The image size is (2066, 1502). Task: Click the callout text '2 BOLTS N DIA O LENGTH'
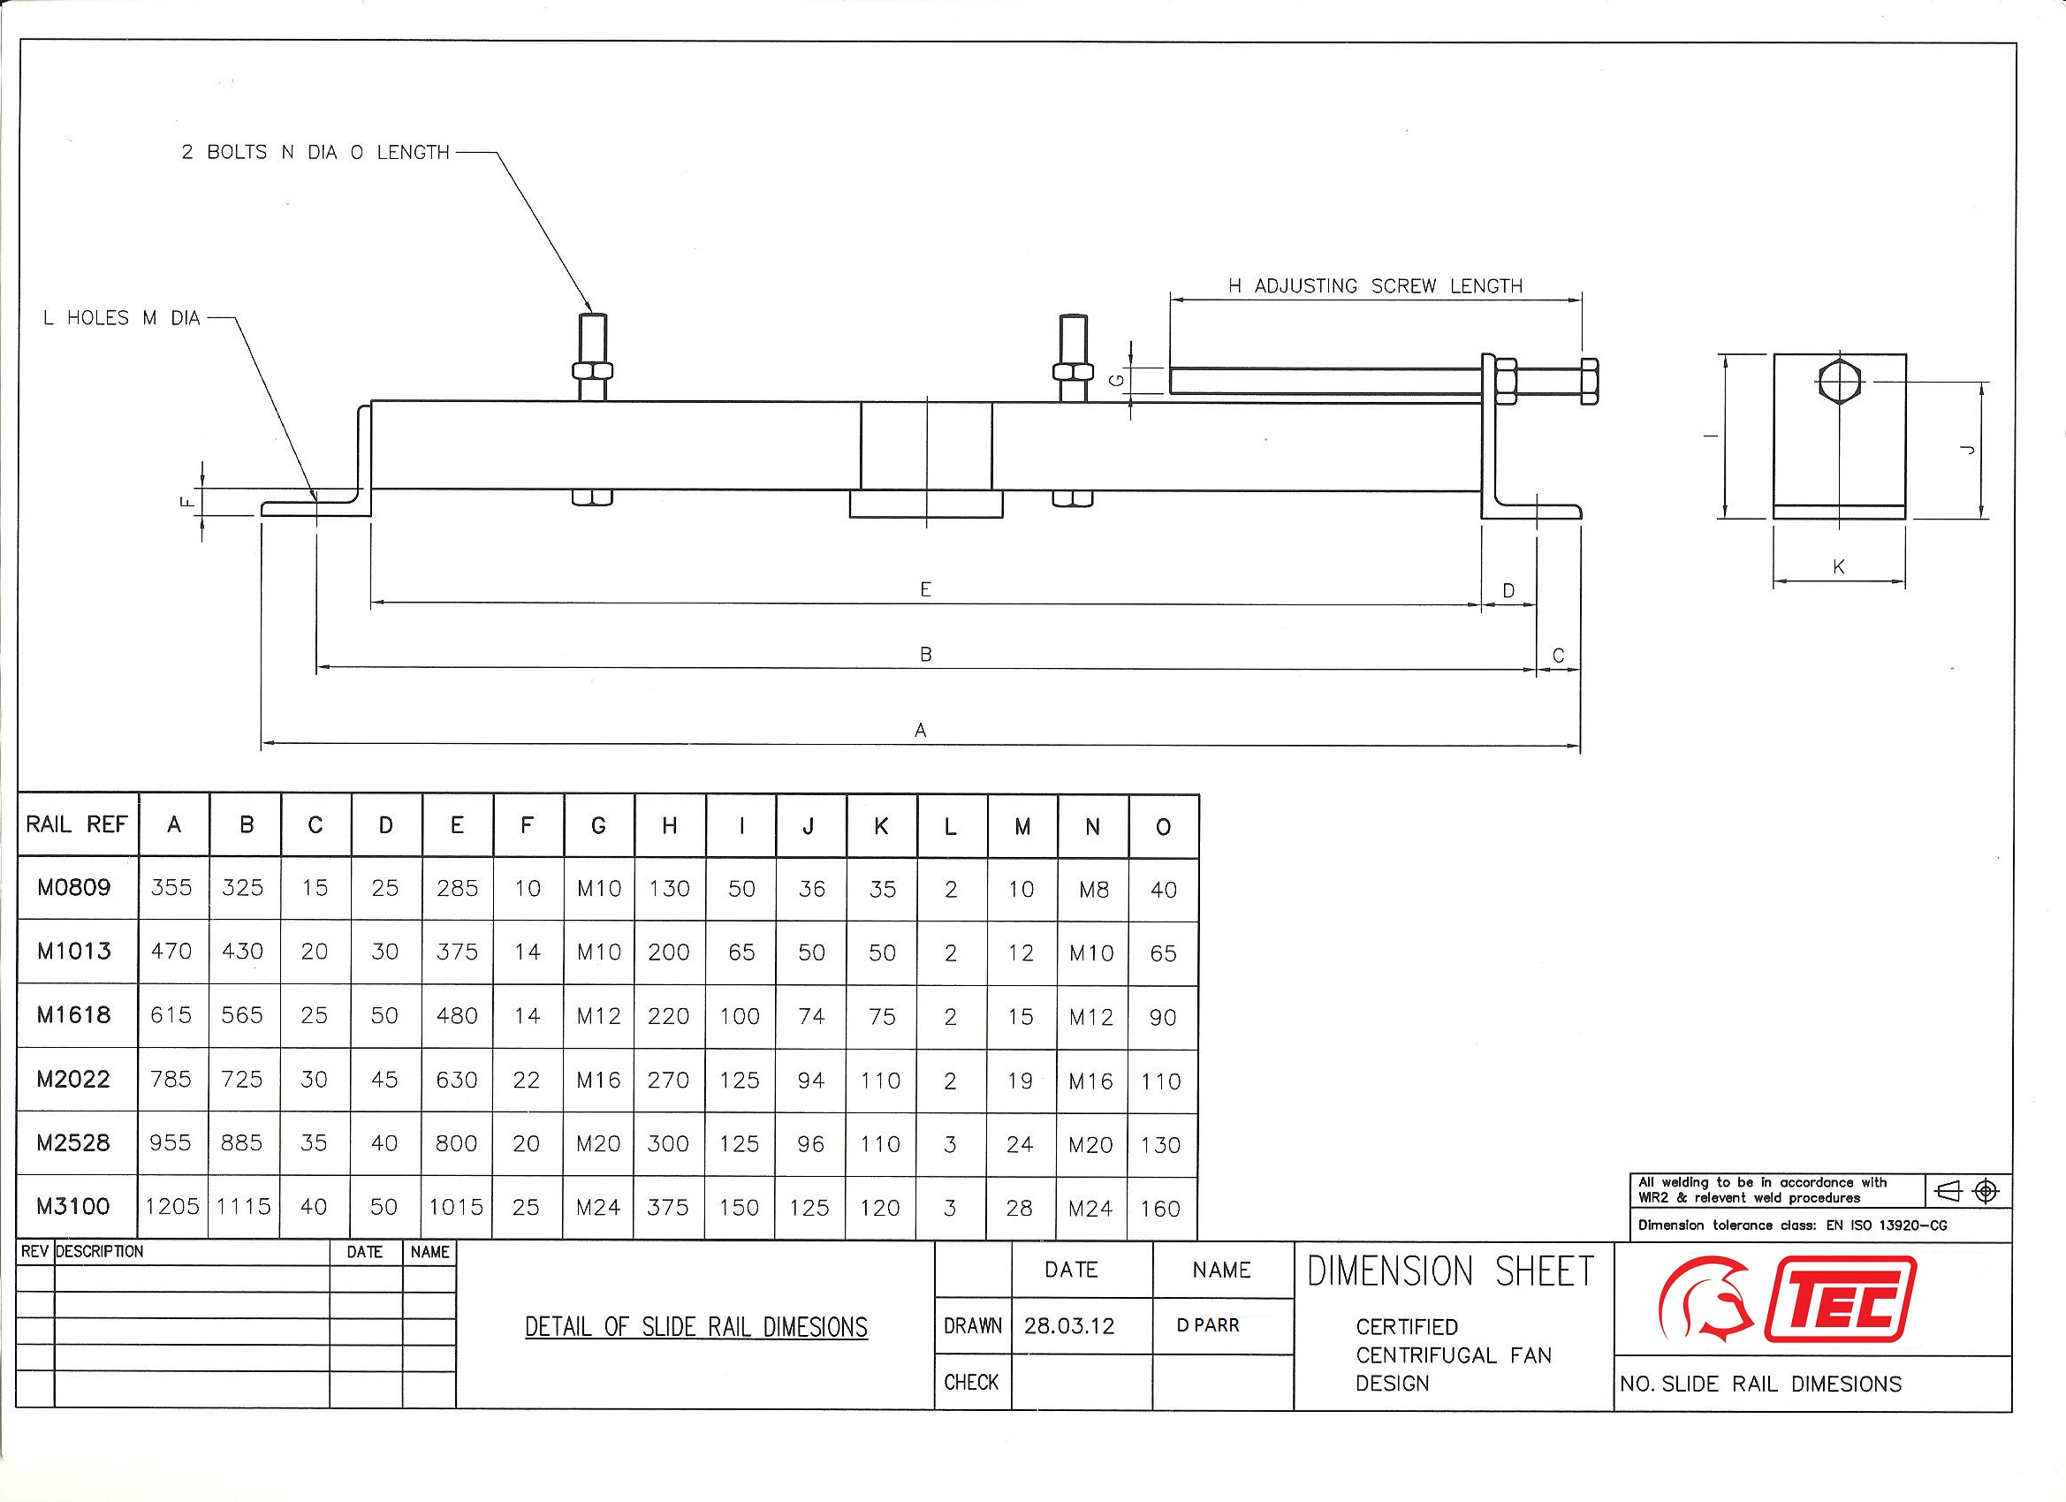tap(315, 152)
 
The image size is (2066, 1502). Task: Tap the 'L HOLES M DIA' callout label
tap(121, 318)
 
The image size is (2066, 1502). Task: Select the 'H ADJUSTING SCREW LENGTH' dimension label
tap(1375, 286)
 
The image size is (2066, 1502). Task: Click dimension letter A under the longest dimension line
tap(920, 730)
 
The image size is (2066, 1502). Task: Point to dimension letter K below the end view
tap(1838, 567)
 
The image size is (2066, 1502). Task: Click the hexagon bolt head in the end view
tap(1839, 381)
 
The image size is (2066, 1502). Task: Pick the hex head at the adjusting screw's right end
tap(1589, 381)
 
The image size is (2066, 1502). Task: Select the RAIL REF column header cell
tap(77, 824)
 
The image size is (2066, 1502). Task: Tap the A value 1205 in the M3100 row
tap(172, 1207)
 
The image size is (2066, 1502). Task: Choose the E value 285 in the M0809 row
tap(456, 888)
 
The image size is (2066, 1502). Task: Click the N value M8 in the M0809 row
tap(1093, 890)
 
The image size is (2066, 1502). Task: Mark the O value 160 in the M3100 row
tap(1159, 1209)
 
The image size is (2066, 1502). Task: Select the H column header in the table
tap(670, 826)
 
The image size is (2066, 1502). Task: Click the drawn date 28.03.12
tap(1068, 1326)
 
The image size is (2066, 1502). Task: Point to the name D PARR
tap(1207, 1326)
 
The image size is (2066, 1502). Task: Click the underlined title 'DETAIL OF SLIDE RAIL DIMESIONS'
tap(696, 1327)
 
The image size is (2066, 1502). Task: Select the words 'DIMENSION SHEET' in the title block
tap(1450, 1271)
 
